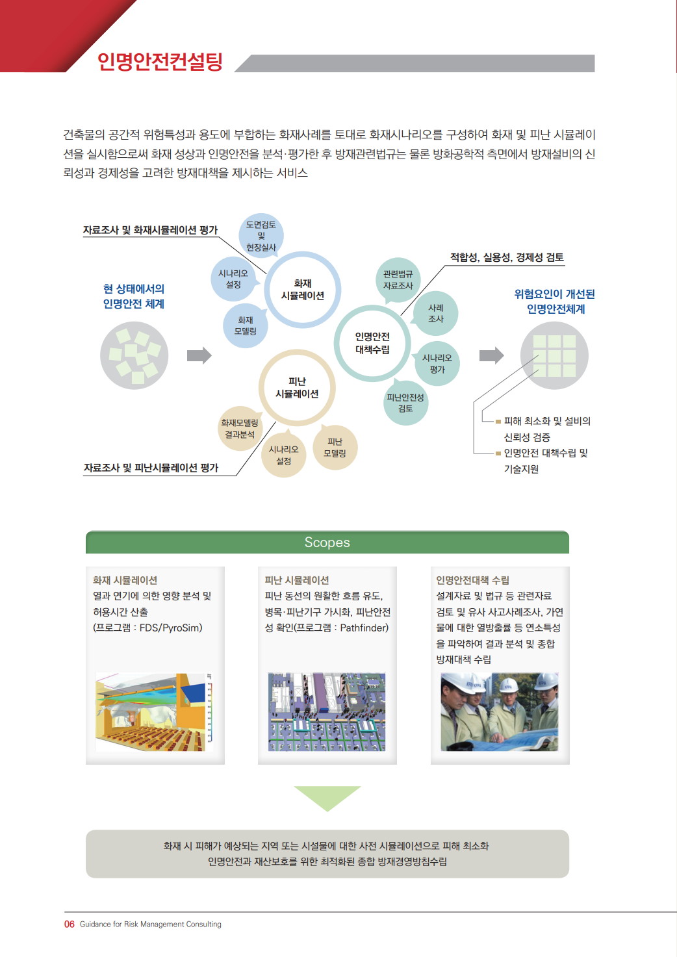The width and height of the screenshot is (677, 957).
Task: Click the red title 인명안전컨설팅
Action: pos(160,62)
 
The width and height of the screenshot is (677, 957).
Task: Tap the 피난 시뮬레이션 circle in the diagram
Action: pos(297,351)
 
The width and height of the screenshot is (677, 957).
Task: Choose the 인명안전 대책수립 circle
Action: pos(372,307)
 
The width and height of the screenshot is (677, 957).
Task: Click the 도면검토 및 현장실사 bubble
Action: pos(261,236)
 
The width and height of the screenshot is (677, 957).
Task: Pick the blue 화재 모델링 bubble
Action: pos(246,325)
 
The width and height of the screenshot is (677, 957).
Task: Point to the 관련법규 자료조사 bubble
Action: pos(398,280)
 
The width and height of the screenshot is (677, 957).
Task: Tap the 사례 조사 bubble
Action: pos(436,313)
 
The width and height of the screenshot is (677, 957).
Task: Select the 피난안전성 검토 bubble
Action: pos(405,402)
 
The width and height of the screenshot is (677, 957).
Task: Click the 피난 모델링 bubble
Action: pos(335,447)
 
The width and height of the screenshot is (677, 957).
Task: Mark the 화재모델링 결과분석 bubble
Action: pos(240,429)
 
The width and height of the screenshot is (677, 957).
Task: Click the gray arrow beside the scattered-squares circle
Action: pos(199,355)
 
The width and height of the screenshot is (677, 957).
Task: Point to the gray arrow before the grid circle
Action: pos(492,355)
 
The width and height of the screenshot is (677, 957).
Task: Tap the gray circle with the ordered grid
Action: pos(554,355)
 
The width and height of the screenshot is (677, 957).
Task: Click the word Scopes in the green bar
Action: pos(327,542)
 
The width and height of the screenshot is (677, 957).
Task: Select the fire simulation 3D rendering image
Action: pos(154,712)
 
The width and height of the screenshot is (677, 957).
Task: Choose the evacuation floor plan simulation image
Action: pos(327,712)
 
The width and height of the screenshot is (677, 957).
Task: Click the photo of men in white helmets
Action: pos(500,712)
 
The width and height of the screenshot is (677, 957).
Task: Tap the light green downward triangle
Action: pos(327,798)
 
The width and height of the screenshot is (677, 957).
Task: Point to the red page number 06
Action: pos(70,924)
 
